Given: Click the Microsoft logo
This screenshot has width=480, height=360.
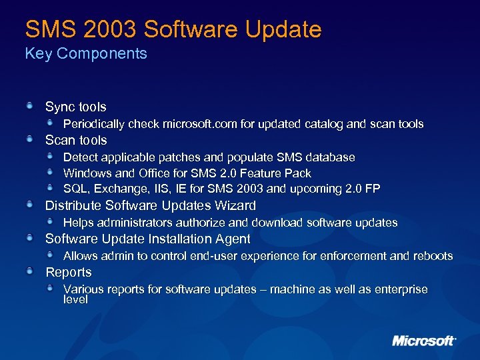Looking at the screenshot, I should (x=423, y=341).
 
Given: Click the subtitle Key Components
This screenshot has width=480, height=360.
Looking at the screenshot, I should (x=86, y=54).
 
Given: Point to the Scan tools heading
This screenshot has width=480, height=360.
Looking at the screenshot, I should (x=76, y=140).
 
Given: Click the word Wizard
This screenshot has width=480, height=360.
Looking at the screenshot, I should (x=233, y=205).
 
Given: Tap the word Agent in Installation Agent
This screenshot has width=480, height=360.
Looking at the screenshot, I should (x=231, y=239).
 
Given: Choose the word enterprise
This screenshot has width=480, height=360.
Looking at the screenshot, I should (x=399, y=289).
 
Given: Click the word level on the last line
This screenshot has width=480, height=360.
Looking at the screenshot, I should (x=75, y=300).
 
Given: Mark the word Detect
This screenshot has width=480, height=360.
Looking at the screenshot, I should (x=79, y=157).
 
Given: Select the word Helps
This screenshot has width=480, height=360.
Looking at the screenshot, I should (x=78, y=223).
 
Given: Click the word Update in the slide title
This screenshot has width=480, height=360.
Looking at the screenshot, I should (x=282, y=29).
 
